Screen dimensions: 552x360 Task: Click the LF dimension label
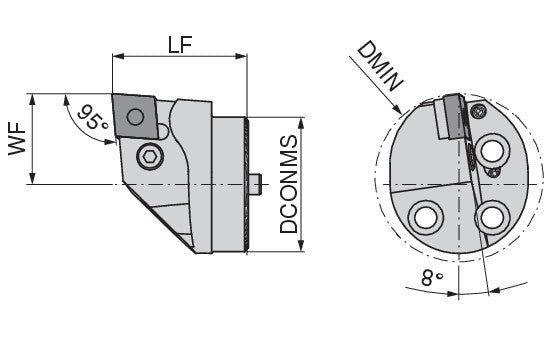(180, 44)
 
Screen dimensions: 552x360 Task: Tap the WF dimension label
(17, 139)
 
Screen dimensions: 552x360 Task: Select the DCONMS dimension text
(289, 184)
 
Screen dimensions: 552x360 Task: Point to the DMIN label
(380, 66)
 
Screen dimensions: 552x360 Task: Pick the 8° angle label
(432, 278)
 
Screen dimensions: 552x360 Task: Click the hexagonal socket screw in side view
(150, 156)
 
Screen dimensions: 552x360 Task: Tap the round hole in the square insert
(135, 116)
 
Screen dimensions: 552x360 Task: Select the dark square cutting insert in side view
(135, 116)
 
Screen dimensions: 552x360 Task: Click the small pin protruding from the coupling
(256, 184)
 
